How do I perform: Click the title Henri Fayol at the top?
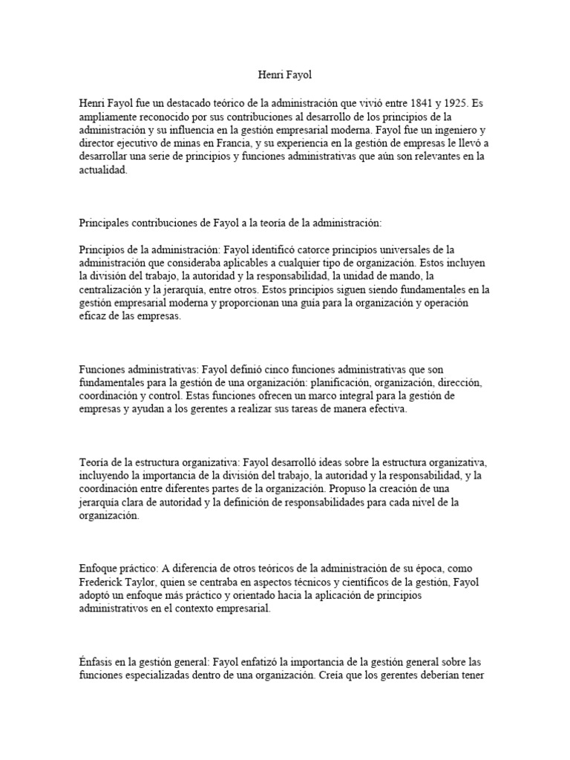pos(284,75)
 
